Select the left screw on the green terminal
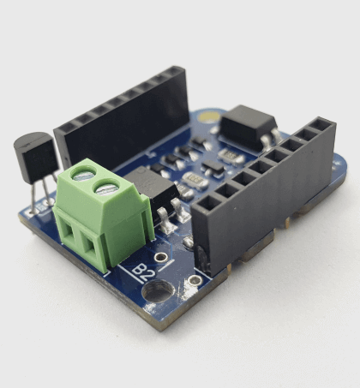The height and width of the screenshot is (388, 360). coord(83,176)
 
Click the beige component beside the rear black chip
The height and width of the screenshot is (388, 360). coord(229,156)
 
